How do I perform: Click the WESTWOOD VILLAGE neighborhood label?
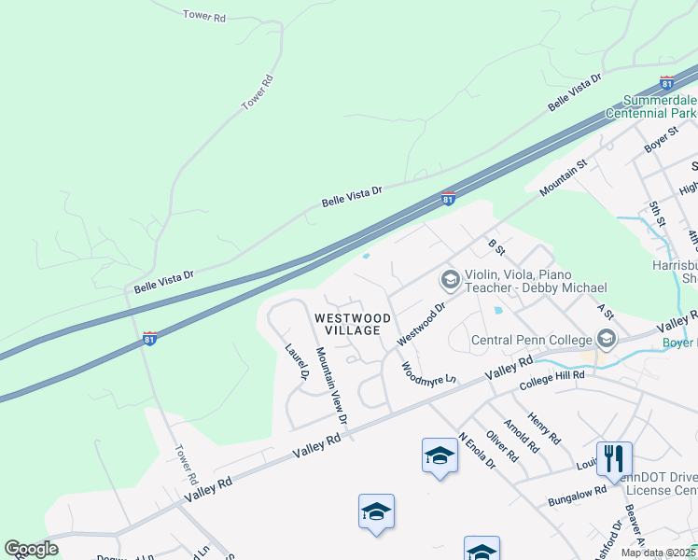(347, 324)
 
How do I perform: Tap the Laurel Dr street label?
(298, 362)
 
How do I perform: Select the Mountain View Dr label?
(330, 386)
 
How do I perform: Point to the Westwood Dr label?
(423, 324)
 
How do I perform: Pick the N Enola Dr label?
(476, 452)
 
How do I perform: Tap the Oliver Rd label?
(502, 445)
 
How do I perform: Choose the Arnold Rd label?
(520, 436)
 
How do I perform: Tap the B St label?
(496, 246)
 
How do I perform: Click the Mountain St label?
(563, 177)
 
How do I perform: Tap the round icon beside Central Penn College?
(607, 338)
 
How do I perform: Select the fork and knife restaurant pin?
(614, 457)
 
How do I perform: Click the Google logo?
(31, 549)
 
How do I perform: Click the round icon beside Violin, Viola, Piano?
(450, 279)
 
